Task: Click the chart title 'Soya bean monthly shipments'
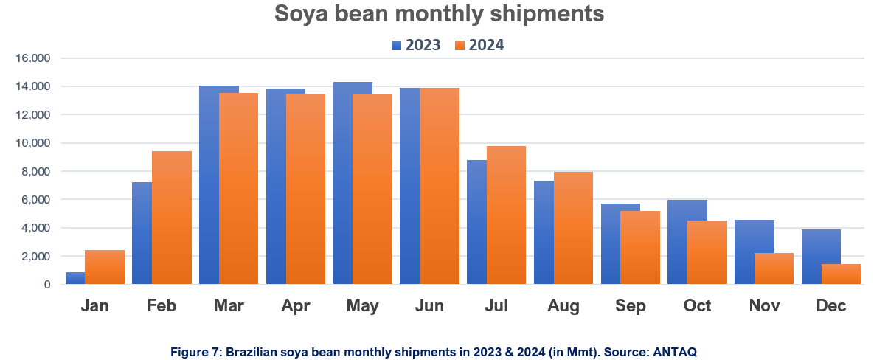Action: click(x=439, y=14)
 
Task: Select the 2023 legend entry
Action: click(x=416, y=45)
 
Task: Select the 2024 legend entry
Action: click(x=479, y=45)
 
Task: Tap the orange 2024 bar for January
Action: click(x=105, y=267)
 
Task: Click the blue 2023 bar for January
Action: click(x=74, y=278)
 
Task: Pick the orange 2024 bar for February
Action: click(x=172, y=218)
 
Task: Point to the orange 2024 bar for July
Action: click(x=506, y=215)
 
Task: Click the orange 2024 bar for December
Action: click(x=842, y=274)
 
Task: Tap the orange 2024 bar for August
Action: click(x=573, y=228)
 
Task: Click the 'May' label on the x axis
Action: click(x=362, y=306)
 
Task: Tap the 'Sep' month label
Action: click(x=630, y=306)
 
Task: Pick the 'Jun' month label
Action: click(x=429, y=306)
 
